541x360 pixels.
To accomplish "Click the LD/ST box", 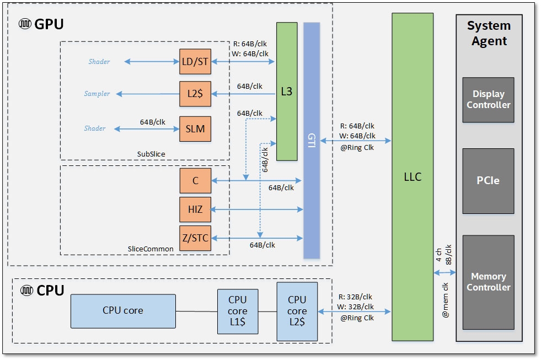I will coord(195,62).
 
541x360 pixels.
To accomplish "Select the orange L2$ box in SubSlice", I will coord(195,94).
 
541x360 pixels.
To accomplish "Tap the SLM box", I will coord(195,128).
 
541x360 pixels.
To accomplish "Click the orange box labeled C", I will coord(195,181).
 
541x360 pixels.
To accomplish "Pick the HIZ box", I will coord(195,209).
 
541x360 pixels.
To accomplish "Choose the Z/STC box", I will coord(195,238).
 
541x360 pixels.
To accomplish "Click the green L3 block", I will coord(286,92).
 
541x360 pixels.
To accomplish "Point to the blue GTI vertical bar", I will coord(312,141).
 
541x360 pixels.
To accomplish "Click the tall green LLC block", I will coord(413,176).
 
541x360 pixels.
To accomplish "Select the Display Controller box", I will coord(488,100).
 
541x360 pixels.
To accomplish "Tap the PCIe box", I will coord(488,181).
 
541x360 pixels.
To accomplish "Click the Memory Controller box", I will coord(488,282).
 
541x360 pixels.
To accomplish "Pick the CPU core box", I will coord(123,310).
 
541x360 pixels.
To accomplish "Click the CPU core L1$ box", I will coord(238,311).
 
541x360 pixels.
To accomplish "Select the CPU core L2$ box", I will coord(297,311).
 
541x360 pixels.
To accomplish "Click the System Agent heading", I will coord(489,33).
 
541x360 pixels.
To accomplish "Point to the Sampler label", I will coord(97,94).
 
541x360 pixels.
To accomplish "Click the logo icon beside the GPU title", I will coord(25,24).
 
